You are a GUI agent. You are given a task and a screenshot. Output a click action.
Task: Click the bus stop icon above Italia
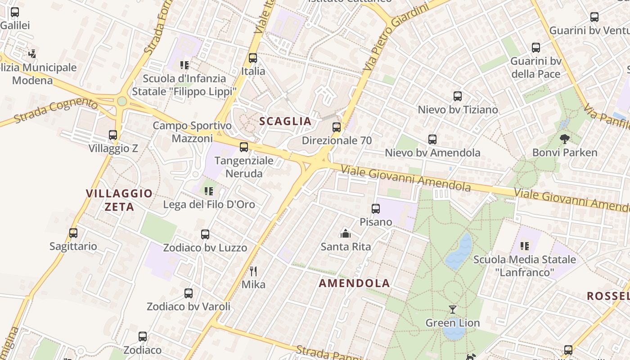click(253, 58)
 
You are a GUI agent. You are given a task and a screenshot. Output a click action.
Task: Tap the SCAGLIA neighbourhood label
click(285, 121)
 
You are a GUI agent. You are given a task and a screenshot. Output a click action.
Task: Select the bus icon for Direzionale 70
click(337, 127)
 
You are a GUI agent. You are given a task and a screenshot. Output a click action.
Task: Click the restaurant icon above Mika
click(253, 271)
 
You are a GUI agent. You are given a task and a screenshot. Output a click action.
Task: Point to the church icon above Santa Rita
click(346, 233)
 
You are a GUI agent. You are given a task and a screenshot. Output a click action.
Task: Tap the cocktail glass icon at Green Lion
click(453, 310)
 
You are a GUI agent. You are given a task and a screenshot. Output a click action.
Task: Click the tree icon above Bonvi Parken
click(565, 139)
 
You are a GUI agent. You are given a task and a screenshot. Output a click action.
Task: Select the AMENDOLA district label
click(354, 283)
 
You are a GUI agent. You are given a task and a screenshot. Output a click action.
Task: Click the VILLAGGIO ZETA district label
click(119, 200)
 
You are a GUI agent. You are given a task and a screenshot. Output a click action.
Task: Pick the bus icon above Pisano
click(376, 209)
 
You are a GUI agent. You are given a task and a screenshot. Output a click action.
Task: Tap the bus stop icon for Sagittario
click(73, 233)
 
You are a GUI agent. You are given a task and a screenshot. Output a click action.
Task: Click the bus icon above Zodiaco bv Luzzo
click(205, 234)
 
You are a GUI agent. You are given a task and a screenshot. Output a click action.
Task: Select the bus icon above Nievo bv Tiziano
click(458, 96)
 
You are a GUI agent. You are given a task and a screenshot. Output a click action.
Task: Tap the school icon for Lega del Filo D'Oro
click(208, 191)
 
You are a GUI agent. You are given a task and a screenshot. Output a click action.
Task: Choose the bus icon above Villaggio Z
click(113, 135)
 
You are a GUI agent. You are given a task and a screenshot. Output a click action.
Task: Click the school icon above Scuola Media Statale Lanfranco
click(525, 246)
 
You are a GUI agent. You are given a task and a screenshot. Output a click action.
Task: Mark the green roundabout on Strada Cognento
click(122, 101)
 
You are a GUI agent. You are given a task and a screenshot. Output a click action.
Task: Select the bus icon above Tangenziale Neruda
click(244, 147)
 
